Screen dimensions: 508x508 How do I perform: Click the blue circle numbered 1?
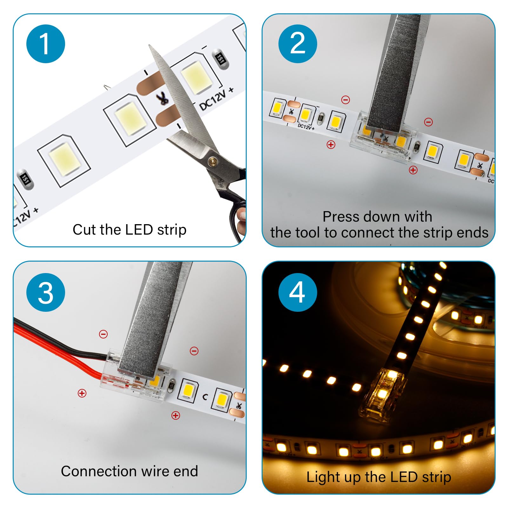click(46, 43)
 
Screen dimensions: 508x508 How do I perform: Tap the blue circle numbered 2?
click(297, 43)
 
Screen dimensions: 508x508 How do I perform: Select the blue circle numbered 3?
click(46, 292)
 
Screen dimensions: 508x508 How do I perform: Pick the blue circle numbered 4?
click(297, 292)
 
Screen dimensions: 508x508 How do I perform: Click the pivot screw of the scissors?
click(212, 162)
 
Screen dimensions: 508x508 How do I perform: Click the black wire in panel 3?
click(60, 343)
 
